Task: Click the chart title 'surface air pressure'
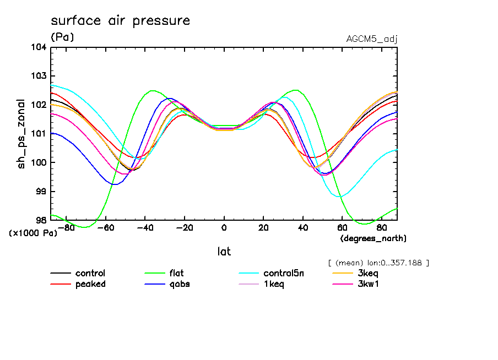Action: pyautogui.click(x=120, y=21)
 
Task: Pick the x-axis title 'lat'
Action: pyautogui.click(x=224, y=252)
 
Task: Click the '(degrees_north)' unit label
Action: pyautogui.click(x=373, y=238)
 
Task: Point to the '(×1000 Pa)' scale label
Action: pyautogui.click(x=33, y=233)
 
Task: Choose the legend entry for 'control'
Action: pyautogui.click(x=90, y=274)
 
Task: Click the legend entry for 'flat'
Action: pyautogui.click(x=177, y=274)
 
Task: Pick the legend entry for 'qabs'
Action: pyautogui.click(x=180, y=284)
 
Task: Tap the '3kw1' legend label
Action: pyautogui.click(x=368, y=284)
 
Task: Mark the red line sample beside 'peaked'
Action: pyautogui.click(x=61, y=284)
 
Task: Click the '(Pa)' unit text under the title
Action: pyautogui.click(x=62, y=37)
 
